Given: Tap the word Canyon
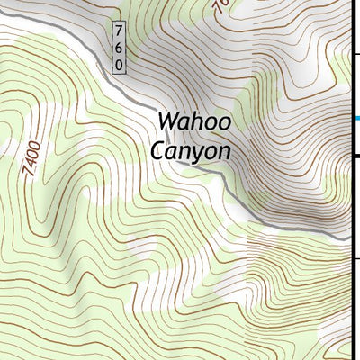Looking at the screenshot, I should (191, 151).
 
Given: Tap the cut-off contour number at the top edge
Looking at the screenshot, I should (220, 6).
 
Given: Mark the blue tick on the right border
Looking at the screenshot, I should (355, 118).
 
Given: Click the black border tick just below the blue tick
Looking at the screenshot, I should (355, 157).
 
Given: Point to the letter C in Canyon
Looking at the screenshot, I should (157, 151).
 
